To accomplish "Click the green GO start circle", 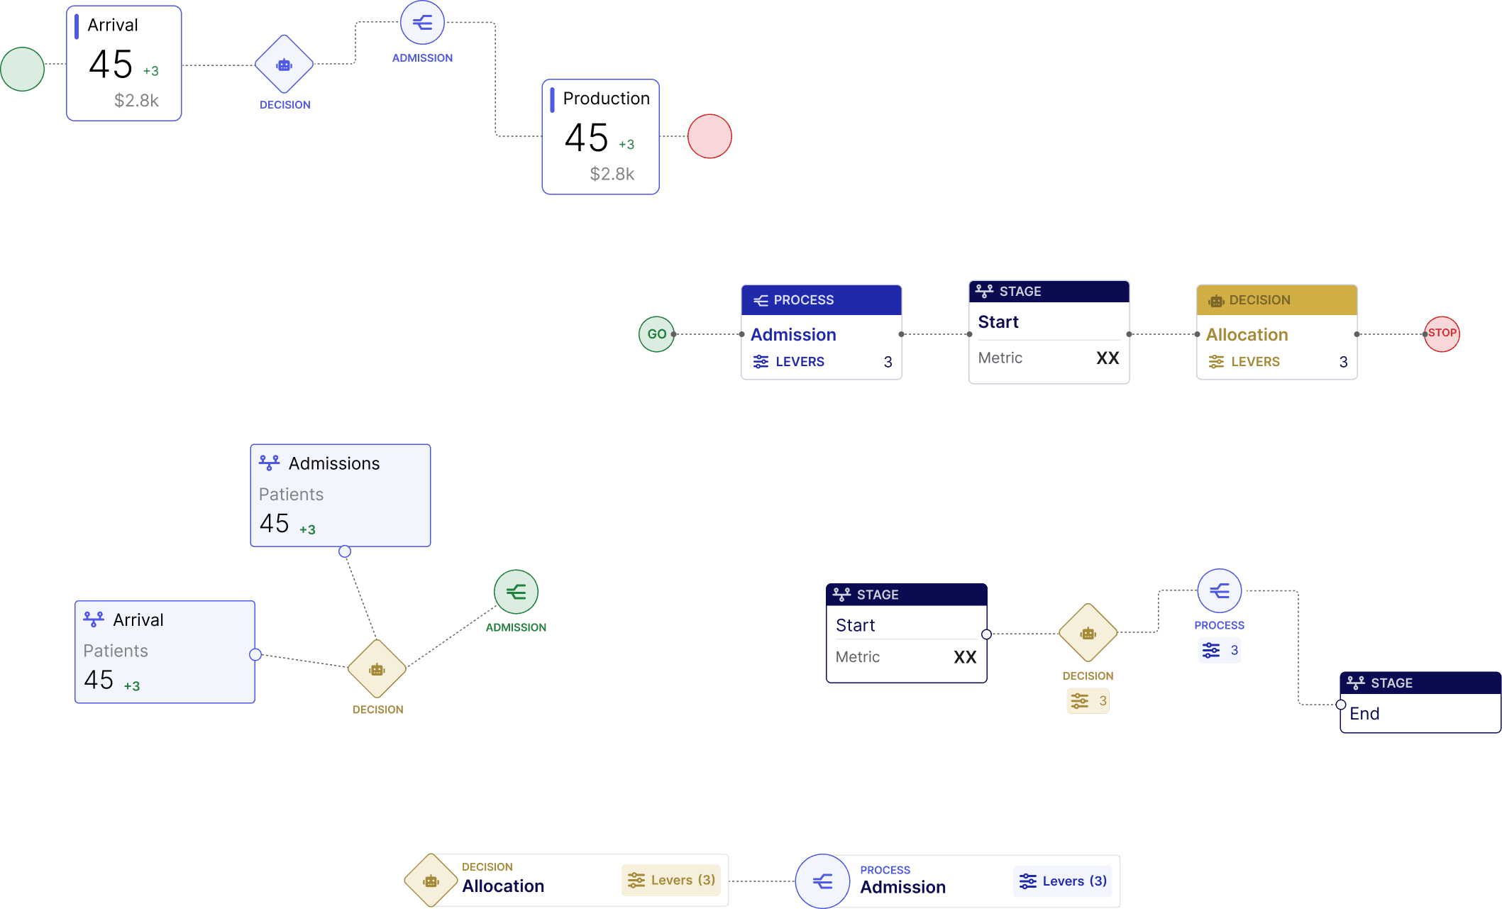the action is (656, 334).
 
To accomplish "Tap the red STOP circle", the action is (1442, 334).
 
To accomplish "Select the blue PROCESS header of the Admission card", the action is (822, 300).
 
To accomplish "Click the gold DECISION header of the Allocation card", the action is (1277, 300).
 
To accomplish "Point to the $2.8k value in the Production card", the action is (612, 174).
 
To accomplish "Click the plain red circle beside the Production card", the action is (709, 136).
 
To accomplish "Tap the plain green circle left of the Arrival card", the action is (23, 69).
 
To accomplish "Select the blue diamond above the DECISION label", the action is (285, 65).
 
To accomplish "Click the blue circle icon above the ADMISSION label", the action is (423, 23).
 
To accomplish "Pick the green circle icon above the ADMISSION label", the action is (517, 592).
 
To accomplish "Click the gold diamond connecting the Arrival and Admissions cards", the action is (377, 669).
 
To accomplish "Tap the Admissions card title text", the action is (334, 463).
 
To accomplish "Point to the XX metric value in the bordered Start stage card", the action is (965, 657).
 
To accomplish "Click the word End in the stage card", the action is (1364, 714).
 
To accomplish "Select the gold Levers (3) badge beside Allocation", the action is (671, 881).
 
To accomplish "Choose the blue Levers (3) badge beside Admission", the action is (1063, 881).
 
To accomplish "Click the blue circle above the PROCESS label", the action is (1220, 591).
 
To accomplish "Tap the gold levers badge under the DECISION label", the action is (1088, 701).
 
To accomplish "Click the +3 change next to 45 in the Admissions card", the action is (307, 530).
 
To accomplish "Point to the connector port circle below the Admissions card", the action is (345, 551).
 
